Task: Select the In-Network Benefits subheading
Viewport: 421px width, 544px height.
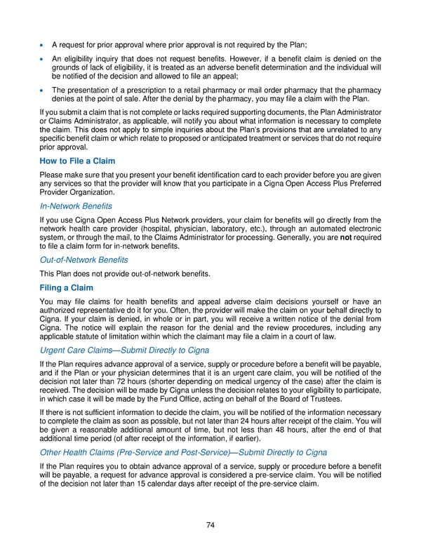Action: pos(76,206)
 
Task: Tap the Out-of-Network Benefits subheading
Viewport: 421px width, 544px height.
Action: pos(83,260)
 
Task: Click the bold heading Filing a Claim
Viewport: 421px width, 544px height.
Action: pos(67,287)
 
